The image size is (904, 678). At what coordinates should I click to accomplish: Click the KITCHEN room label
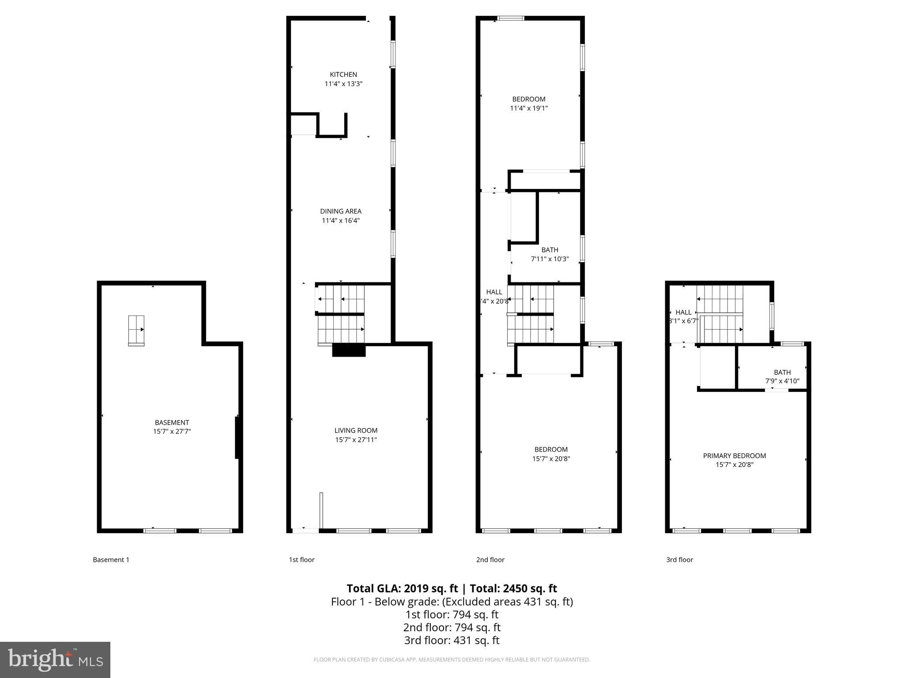(343, 75)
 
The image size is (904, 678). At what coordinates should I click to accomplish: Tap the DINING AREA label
(340, 211)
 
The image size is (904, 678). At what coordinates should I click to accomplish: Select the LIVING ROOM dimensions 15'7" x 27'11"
(356, 440)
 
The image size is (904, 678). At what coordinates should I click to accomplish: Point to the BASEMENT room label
(172, 422)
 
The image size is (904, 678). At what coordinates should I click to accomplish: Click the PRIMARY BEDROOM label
(734, 456)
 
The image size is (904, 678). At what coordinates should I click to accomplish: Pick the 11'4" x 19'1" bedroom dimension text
(528, 108)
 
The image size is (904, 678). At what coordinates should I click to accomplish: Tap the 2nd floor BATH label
(550, 250)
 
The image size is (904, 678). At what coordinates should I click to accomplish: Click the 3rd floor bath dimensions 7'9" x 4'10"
(782, 381)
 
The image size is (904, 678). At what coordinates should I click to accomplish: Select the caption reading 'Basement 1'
(111, 560)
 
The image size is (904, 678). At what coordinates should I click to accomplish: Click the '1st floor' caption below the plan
(301, 560)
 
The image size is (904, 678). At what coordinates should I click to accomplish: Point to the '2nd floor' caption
(490, 560)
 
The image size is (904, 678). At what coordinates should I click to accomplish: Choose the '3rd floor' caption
(679, 560)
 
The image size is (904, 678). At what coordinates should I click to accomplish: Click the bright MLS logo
(55, 659)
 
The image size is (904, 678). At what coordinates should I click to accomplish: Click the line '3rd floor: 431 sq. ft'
(452, 640)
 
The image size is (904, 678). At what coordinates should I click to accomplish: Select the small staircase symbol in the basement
(136, 330)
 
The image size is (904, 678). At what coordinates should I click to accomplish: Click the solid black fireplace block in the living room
(349, 350)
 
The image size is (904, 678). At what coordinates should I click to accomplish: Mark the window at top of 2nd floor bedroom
(511, 18)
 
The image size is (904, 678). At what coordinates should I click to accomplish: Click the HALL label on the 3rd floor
(683, 312)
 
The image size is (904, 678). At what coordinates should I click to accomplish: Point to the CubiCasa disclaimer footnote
(452, 659)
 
